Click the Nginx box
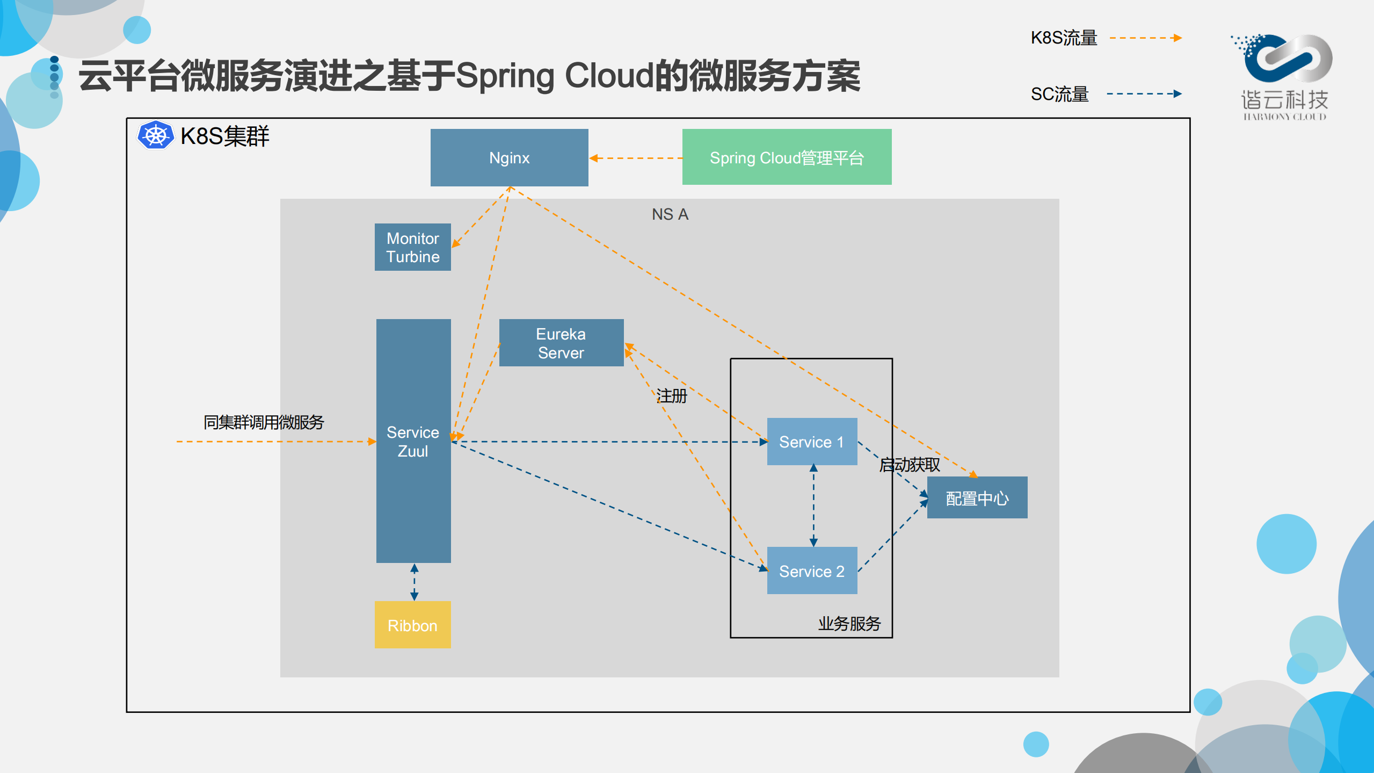click(x=509, y=157)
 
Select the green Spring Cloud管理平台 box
click(x=786, y=157)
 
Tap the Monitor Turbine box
click(x=412, y=247)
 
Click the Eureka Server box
click(x=561, y=343)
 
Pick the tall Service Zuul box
click(x=413, y=441)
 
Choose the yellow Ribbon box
click(x=412, y=625)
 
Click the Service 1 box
click(x=811, y=442)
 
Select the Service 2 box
click(x=811, y=570)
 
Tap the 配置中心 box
click(x=977, y=498)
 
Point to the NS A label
click(x=670, y=214)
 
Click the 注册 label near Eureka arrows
click(x=671, y=396)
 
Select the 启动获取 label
click(x=909, y=465)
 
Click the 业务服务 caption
click(x=849, y=623)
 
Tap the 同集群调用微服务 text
click(x=263, y=422)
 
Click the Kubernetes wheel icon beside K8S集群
click(x=156, y=135)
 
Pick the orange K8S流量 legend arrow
click(x=1145, y=38)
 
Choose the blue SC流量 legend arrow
click(x=1144, y=94)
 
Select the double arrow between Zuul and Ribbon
click(x=414, y=582)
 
